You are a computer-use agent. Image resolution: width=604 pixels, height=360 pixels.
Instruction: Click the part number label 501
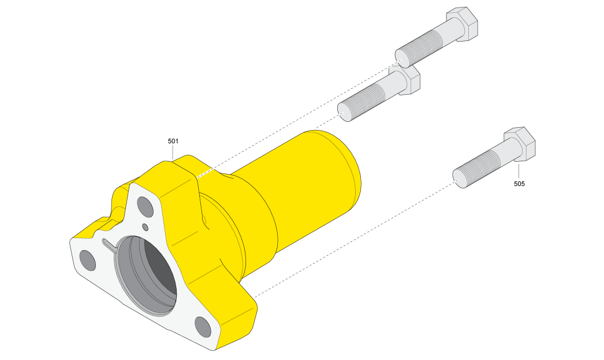click(x=173, y=141)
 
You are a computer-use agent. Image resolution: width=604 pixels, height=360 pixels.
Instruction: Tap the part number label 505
click(x=519, y=184)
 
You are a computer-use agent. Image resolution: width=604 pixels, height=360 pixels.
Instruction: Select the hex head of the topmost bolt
click(x=463, y=24)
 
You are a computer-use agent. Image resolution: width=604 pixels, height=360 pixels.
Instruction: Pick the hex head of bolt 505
click(x=520, y=144)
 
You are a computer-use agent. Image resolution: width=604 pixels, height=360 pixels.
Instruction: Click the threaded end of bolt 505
click(x=476, y=169)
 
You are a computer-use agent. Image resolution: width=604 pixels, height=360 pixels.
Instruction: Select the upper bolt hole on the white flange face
click(x=145, y=207)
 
